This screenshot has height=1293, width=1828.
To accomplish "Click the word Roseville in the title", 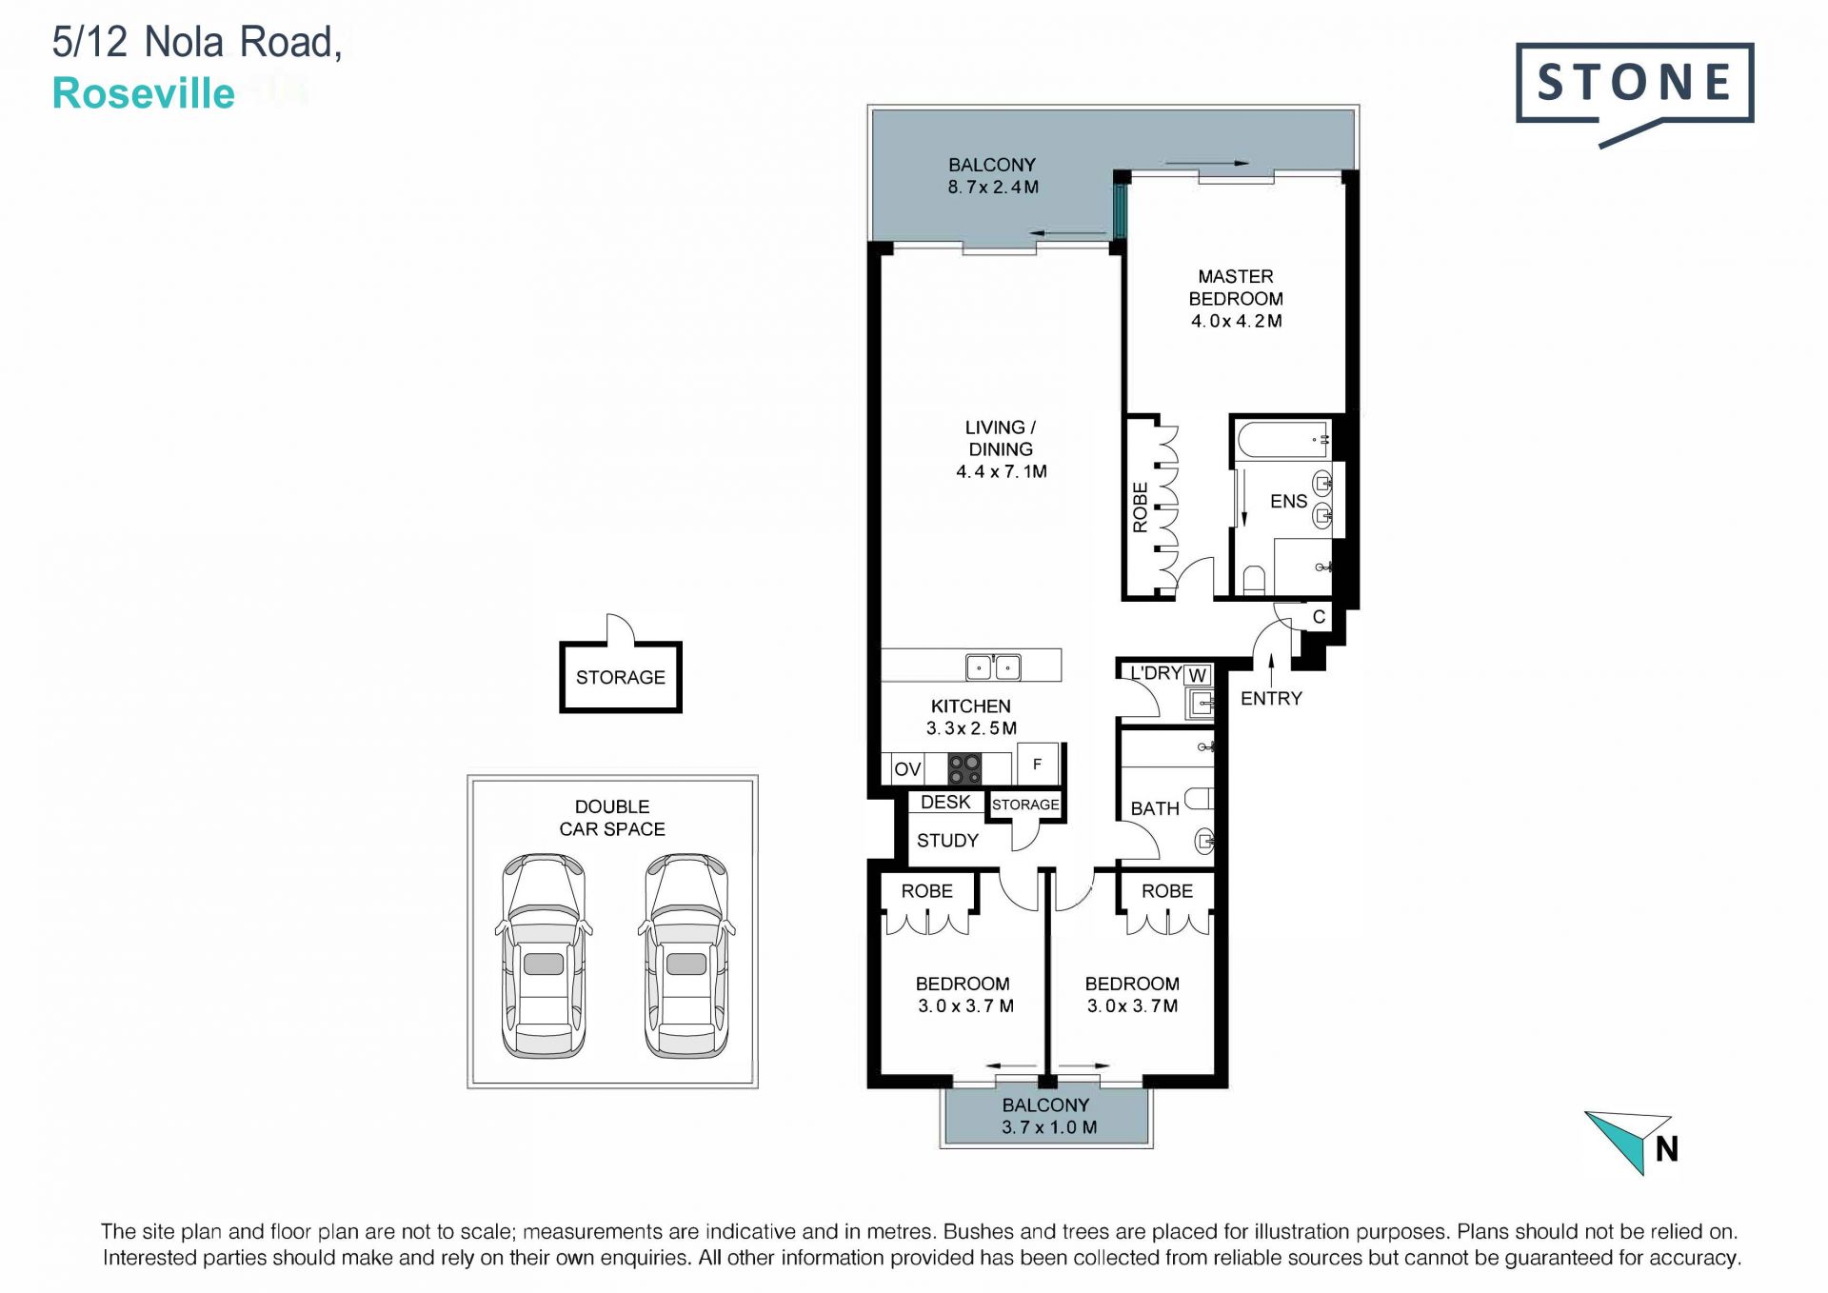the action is pyautogui.click(x=144, y=93).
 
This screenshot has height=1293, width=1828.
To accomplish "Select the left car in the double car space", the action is pyautogui.click(x=544, y=955).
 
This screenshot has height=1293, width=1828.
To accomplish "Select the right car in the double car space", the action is pyautogui.click(x=686, y=955).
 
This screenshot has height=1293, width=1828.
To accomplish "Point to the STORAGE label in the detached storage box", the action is pyautogui.click(x=621, y=677).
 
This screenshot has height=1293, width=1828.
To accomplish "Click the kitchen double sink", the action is pyautogui.click(x=993, y=666).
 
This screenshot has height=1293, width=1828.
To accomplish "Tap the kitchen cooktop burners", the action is pyautogui.click(x=964, y=768).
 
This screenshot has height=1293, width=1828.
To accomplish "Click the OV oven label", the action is pyautogui.click(x=907, y=768).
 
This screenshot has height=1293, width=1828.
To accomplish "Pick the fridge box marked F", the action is pyautogui.click(x=1038, y=764).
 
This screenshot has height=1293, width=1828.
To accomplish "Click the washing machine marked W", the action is pyautogui.click(x=1198, y=675).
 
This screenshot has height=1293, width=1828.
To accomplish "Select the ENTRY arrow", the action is pyautogui.click(x=1272, y=668).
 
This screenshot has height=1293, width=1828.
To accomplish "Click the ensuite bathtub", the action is pyautogui.click(x=1283, y=440).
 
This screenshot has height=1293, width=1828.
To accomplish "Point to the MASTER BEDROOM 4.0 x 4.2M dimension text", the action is pyautogui.click(x=1237, y=321).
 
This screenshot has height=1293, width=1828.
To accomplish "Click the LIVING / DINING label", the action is pyautogui.click(x=1001, y=438).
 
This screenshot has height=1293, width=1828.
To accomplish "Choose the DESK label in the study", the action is pyautogui.click(x=945, y=803).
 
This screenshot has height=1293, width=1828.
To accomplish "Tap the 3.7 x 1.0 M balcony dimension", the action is pyautogui.click(x=1049, y=1127).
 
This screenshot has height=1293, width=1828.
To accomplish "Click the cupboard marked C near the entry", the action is pyautogui.click(x=1319, y=617).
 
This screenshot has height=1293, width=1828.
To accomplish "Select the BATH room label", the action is pyautogui.click(x=1155, y=808).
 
